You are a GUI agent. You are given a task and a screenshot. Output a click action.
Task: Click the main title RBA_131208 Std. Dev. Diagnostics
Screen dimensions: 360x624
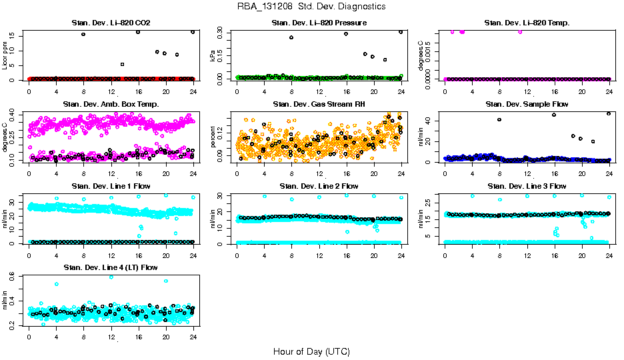point(311,7)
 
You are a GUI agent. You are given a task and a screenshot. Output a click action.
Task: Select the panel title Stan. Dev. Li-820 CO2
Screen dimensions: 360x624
point(111,23)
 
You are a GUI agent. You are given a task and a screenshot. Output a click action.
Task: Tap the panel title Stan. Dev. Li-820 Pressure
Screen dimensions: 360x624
point(319,23)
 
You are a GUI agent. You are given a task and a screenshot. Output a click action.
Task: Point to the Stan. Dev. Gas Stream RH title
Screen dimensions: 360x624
point(319,105)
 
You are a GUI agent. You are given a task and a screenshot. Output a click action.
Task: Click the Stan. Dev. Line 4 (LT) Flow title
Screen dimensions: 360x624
point(111,267)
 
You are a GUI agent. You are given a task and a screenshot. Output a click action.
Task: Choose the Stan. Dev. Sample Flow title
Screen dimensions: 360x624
point(527,105)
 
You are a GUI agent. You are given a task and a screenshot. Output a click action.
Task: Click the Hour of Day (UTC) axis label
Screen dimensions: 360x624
point(311,351)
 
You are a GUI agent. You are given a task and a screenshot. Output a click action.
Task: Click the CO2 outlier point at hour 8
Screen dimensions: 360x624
point(83,34)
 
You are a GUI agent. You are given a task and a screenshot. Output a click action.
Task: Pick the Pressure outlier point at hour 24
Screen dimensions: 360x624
point(401,31)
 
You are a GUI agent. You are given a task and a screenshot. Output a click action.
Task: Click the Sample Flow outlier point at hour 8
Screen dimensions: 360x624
point(499,119)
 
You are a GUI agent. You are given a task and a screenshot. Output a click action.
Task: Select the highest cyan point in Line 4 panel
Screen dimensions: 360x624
point(111,277)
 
